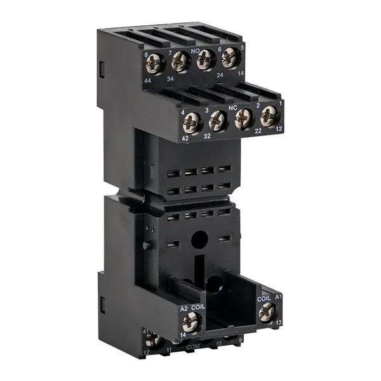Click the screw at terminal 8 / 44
[x=154, y=63]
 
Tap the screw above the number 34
[x=180, y=62]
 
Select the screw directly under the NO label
[x=205, y=60]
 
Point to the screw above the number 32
[x=218, y=120]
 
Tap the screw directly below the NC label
[x=244, y=119]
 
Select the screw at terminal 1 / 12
[x=269, y=115]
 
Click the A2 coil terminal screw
[x=191, y=323]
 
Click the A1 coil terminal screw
[x=267, y=311]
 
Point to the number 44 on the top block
[x=147, y=82]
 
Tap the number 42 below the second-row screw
[x=185, y=138]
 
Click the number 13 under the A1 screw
[x=279, y=323]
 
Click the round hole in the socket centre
[x=199, y=239]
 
